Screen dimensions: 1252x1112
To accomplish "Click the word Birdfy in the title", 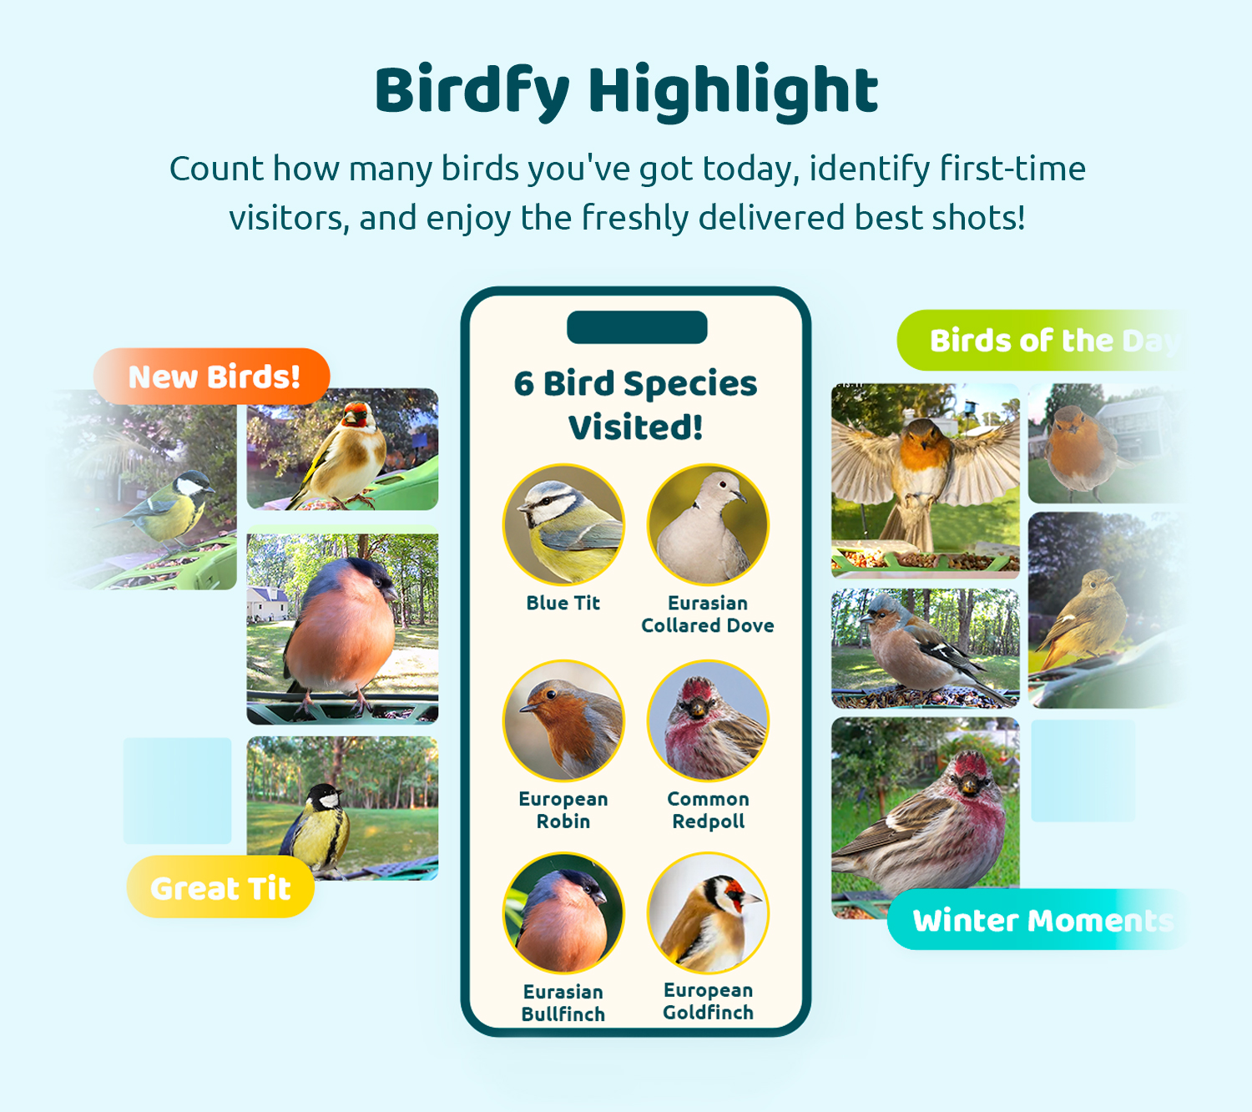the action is click(x=472, y=92).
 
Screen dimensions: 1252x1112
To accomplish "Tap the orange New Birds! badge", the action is click(x=212, y=377).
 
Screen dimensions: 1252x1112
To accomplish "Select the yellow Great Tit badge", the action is click(x=220, y=887).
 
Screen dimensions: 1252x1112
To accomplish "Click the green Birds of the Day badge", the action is click(x=1042, y=340).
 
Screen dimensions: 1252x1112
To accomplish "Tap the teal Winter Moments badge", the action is click(x=1038, y=920).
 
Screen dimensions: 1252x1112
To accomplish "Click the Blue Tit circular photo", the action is click(x=563, y=524).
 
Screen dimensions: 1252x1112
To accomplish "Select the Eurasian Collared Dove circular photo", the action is click(x=708, y=524).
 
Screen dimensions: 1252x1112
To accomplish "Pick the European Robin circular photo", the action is click(x=563, y=720).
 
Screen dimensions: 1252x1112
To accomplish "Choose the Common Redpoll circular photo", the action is click(x=708, y=720).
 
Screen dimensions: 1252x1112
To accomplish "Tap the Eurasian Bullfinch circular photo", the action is click(x=563, y=913).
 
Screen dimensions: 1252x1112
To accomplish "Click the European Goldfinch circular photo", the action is click(x=708, y=913).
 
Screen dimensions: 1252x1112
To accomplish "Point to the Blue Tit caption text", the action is click(x=563, y=603).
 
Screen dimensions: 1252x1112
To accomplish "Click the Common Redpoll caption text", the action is click(x=708, y=810).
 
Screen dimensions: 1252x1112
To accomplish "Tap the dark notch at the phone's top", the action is click(x=637, y=327).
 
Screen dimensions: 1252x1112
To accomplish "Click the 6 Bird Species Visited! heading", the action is click(x=636, y=405).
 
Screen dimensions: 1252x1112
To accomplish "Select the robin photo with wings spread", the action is click(x=925, y=481).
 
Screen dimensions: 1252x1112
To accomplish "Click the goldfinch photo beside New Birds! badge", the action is click(x=342, y=449).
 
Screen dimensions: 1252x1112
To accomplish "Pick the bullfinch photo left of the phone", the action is click(x=342, y=629).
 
